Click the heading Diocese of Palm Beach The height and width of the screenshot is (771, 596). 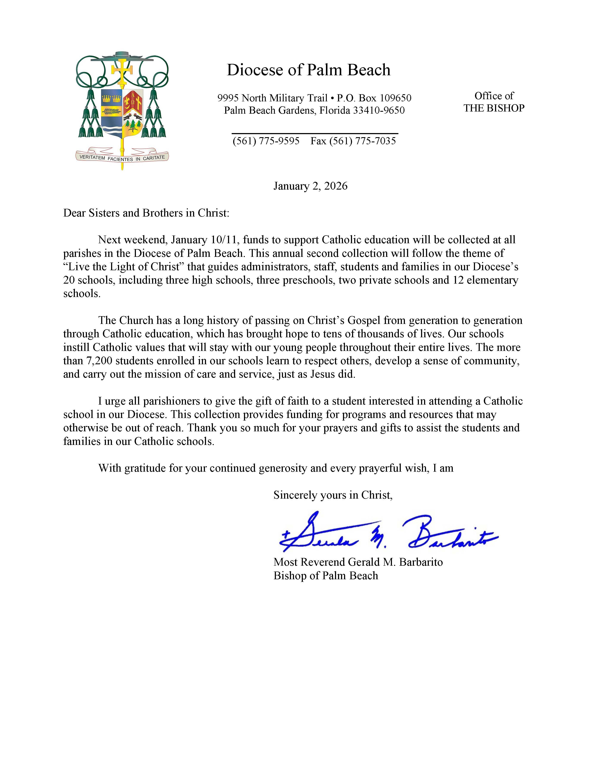point(308,70)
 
